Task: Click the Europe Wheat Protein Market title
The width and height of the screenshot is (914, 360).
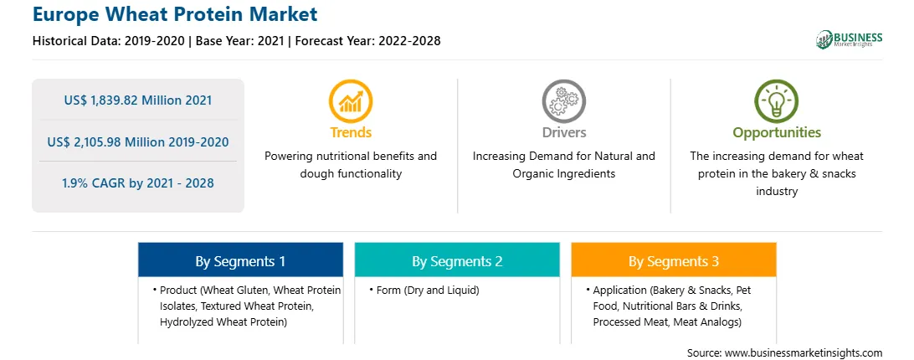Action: [x=175, y=14]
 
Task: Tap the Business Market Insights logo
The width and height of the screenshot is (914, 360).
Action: [x=849, y=39]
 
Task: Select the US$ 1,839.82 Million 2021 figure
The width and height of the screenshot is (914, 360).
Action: [x=137, y=100]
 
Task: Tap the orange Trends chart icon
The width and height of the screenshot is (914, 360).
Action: [x=351, y=101]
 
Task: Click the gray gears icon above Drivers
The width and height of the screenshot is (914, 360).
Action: [x=563, y=101]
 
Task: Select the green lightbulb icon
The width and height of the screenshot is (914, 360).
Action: [x=777, y=101]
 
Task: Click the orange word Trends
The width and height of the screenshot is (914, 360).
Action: [x=351, y=132]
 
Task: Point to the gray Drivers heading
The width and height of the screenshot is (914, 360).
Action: [x=563, y=132]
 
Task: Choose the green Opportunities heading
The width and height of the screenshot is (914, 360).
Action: [x=777, y=133]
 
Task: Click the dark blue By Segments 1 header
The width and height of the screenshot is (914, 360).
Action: [x=240, y=260]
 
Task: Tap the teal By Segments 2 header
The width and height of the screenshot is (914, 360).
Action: [x=457, y=260]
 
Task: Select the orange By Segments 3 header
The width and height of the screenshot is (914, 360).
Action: [x=673, y=260]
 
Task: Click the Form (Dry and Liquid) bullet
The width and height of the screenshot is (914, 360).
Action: [x=424, y=290]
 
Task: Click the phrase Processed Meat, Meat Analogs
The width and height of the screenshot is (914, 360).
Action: [x=665, y=322]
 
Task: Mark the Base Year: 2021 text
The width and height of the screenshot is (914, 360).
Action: [x=239, y=41]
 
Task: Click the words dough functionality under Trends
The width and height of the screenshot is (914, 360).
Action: [x=351, y=174]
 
